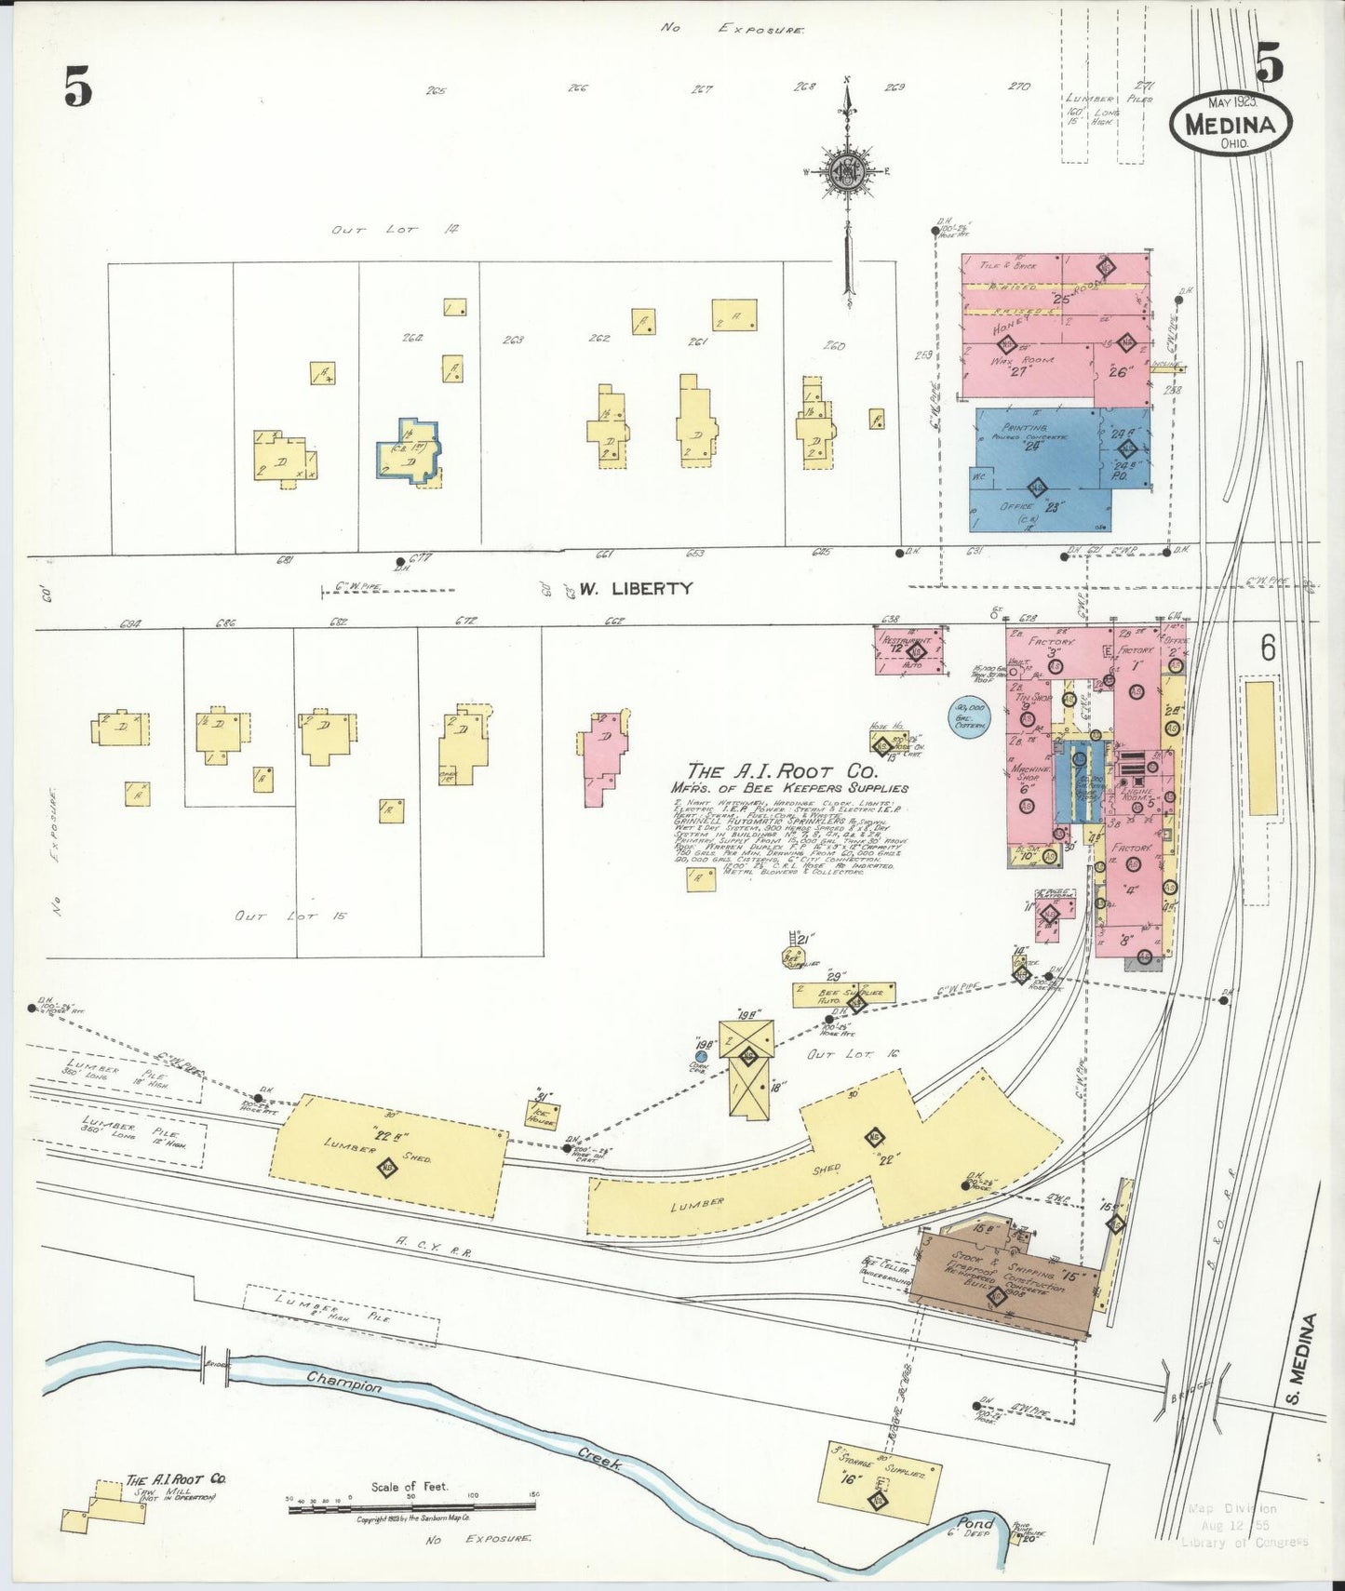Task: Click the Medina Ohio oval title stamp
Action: coord(1231,123)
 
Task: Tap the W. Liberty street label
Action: coord(636,588)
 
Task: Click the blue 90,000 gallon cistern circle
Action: coord(969,718)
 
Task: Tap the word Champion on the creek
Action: coord(343,1381)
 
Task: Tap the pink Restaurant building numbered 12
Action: coord(908,649)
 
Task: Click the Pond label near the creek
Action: coord(976,1523)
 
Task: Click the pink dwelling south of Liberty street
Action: coord(602,756)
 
